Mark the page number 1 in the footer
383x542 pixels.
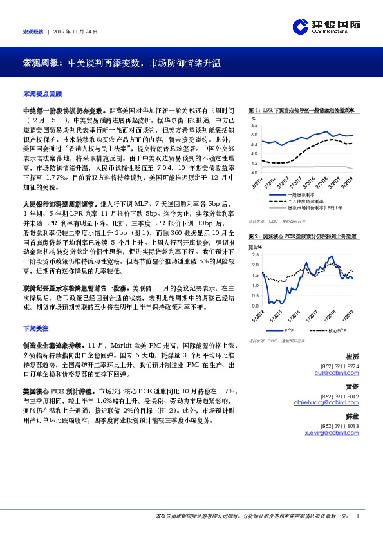pyautogui.click(x=357, y=516)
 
